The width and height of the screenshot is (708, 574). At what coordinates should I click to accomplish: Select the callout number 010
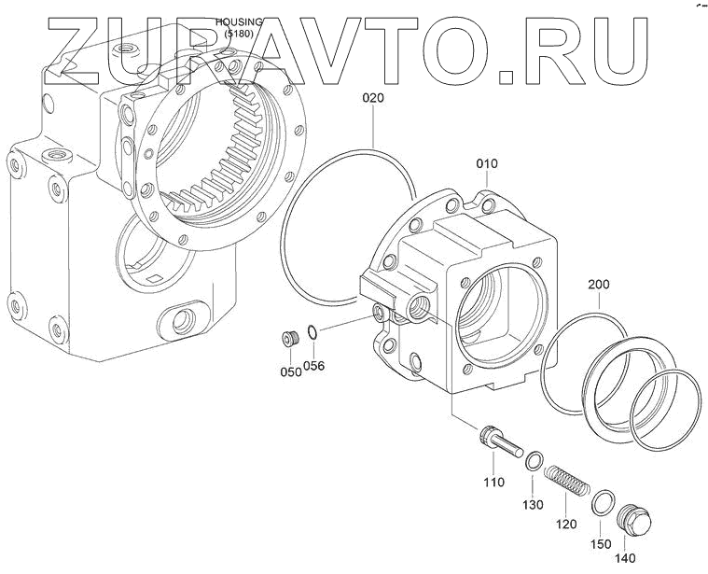pyautogui.click(x=487, y=164)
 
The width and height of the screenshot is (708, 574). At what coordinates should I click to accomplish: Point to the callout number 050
pyautogui.click(x=289, y=371)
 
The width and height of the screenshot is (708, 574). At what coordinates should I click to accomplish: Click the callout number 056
pyautogui.click(x=314, y=365)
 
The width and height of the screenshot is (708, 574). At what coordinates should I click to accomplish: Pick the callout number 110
pyautogui.click(x=493, y=482)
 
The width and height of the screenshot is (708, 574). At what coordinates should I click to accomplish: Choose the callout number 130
pyautogui.click(x=533, y=505)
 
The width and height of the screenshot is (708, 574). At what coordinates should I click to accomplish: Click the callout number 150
pyautogui.click(x=602, y=543)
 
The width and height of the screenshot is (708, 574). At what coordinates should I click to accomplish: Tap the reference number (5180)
pyautogui.click(x=240, y=35)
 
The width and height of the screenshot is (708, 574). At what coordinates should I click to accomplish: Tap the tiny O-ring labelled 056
pyautogui.click(x=314, y=331)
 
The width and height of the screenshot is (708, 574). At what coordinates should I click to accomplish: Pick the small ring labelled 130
pyautogui.click(x=534, y=460)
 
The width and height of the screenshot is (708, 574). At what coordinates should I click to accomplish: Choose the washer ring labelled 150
pyautogui.click(x=604, y=505)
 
